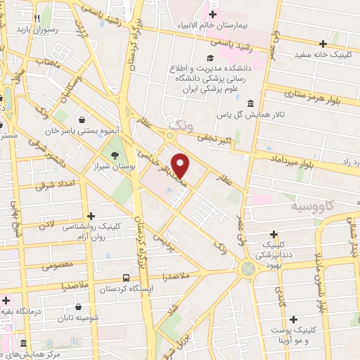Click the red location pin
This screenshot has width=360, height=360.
[181, 165]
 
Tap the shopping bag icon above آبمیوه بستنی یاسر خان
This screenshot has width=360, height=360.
[84, 120]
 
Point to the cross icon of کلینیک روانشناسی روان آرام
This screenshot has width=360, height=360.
[89, 216]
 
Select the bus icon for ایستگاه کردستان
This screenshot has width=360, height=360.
[125, 278]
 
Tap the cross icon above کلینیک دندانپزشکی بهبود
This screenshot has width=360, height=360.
[274, 233]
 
